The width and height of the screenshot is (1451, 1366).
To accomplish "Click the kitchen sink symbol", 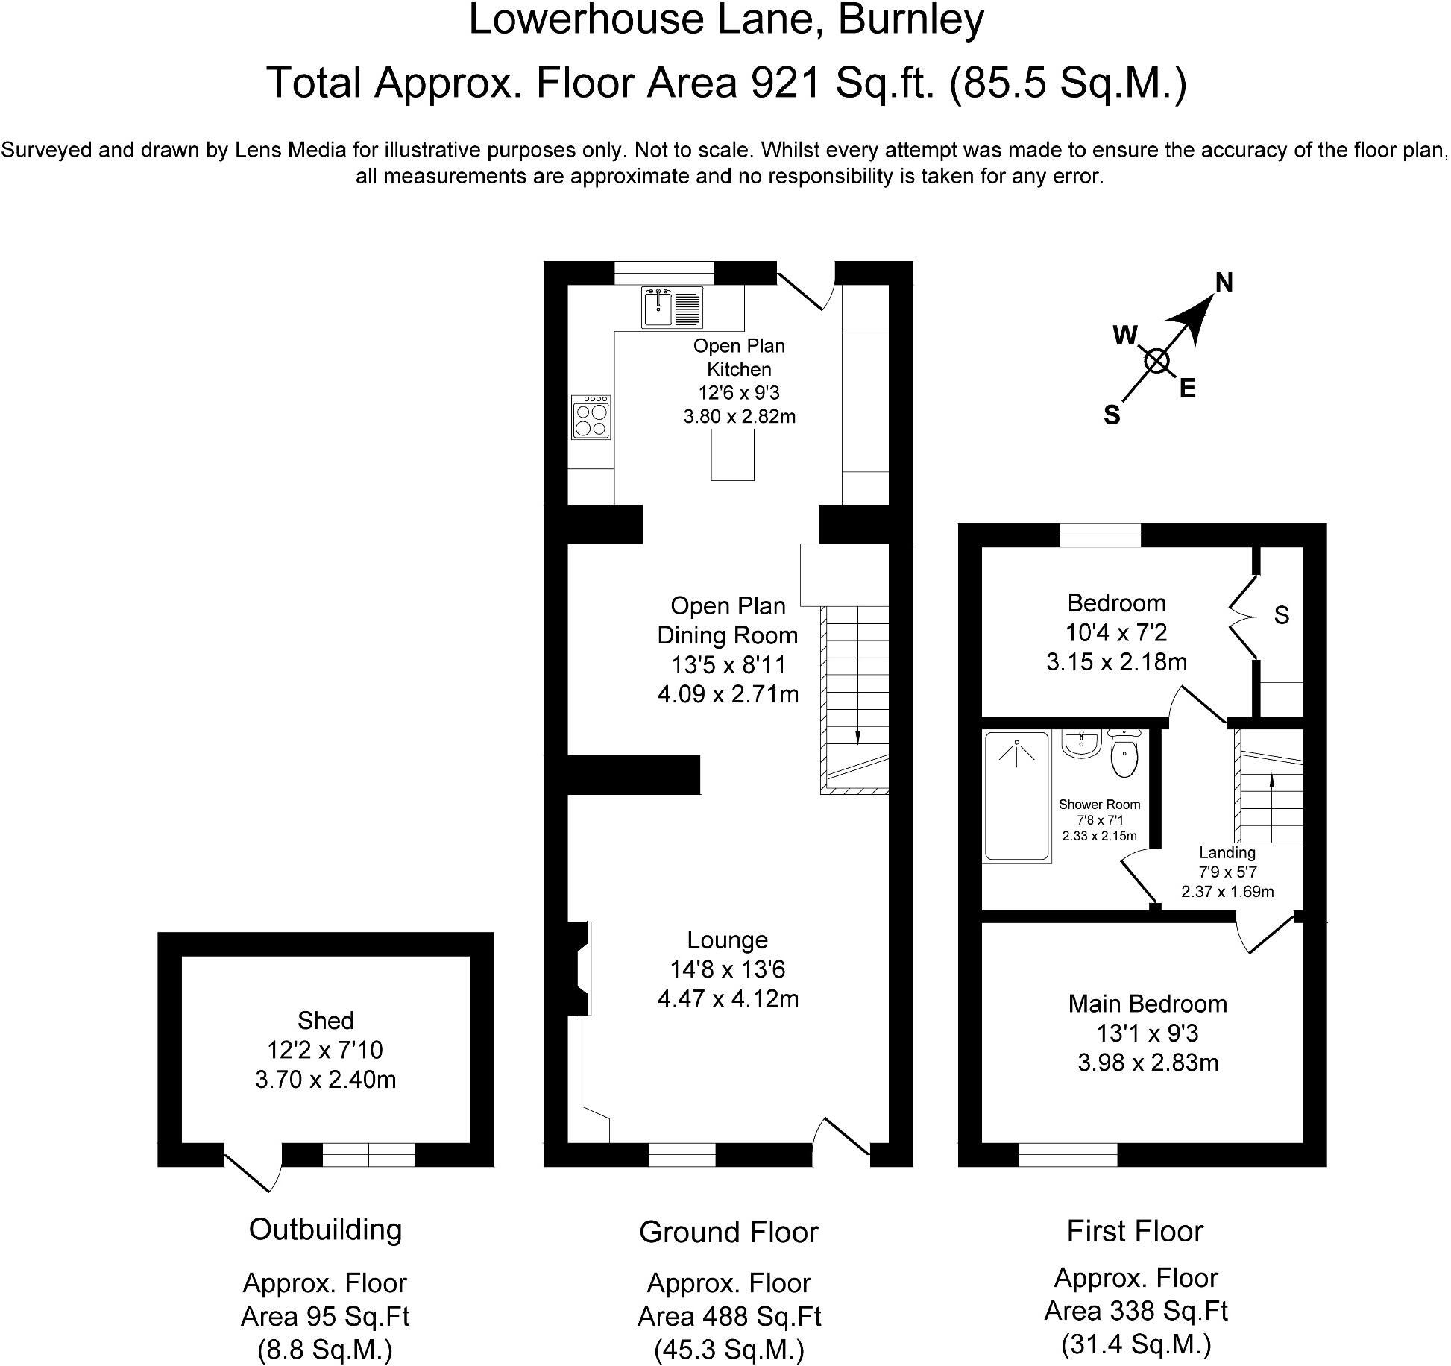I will point(672,308).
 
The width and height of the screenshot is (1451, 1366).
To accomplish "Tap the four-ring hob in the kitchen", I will point(591,418).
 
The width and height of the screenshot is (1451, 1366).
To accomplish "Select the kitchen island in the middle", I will point(732,455).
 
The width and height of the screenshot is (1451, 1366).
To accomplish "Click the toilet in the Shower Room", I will point(1124,755).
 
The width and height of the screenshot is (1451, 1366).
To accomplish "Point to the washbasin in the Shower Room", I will point(1081,744).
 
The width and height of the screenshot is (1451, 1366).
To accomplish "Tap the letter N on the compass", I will point(1224,283).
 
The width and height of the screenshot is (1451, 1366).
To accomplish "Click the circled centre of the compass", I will point(1156,362).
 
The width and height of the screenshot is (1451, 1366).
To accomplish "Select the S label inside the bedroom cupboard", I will point(1281,615).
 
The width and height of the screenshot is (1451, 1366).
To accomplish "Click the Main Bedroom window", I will point(1068,1155).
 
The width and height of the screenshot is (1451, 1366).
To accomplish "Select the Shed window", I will point(368,1155).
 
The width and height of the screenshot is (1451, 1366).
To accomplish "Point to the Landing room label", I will point(1227,853).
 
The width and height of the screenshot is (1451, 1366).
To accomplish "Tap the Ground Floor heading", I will point(728,1233).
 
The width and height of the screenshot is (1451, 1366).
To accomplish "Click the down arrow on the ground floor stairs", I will point(857,734).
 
